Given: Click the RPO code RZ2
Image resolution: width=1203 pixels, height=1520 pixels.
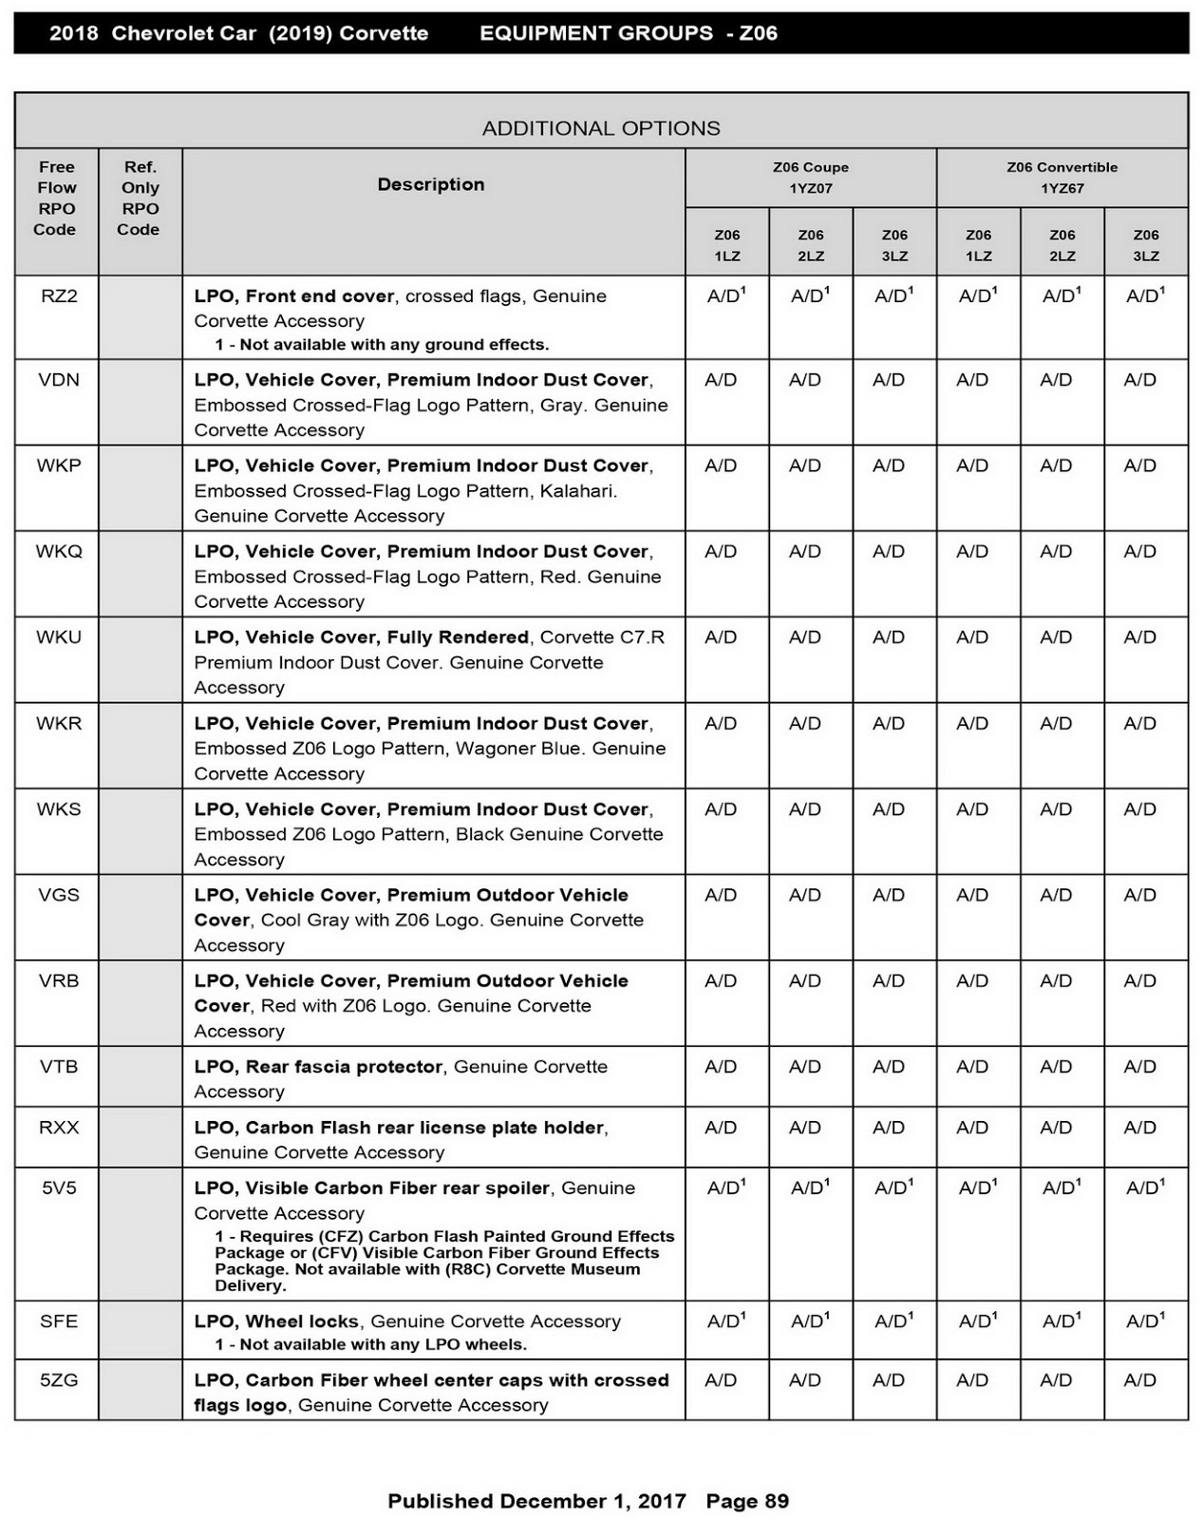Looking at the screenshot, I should pos(59,296).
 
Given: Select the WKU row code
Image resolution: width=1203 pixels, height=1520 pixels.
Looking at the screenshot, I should pos(59,637).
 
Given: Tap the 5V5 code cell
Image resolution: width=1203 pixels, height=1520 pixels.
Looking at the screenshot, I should pos(59,1188).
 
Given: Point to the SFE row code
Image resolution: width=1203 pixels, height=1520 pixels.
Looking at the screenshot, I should pos(59,1321).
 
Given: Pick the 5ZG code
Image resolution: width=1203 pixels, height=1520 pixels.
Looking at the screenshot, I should pos(59,1380).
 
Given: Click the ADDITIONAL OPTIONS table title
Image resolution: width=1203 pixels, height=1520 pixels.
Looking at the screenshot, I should pos(601,128).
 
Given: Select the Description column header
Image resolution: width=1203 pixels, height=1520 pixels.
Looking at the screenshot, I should pos(431,184).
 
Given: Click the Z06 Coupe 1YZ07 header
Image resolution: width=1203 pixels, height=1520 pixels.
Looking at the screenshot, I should pos(810,178).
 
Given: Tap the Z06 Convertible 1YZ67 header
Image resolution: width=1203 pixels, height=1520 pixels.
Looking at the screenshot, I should pos(1062,178).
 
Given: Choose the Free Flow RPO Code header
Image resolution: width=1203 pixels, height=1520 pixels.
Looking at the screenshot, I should pos(56,198).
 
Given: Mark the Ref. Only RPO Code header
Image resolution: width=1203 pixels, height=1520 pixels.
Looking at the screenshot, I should pos(140,198).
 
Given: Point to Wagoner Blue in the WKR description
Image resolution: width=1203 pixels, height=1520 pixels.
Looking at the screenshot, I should pos(518,749).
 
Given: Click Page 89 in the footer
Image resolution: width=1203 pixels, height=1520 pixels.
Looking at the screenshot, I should pos(747,1501).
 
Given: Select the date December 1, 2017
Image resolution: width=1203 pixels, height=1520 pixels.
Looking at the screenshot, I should pos(592,1501).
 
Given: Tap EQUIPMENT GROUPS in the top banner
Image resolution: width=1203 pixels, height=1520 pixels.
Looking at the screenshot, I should pos(596,33).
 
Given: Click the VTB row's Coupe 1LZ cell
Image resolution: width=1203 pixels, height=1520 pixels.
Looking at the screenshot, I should pos(722,1067).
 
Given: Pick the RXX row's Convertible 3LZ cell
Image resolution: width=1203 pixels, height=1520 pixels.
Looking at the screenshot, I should pos(1140,1128).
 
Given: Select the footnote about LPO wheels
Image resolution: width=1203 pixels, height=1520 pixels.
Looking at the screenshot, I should pos(370,1344).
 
